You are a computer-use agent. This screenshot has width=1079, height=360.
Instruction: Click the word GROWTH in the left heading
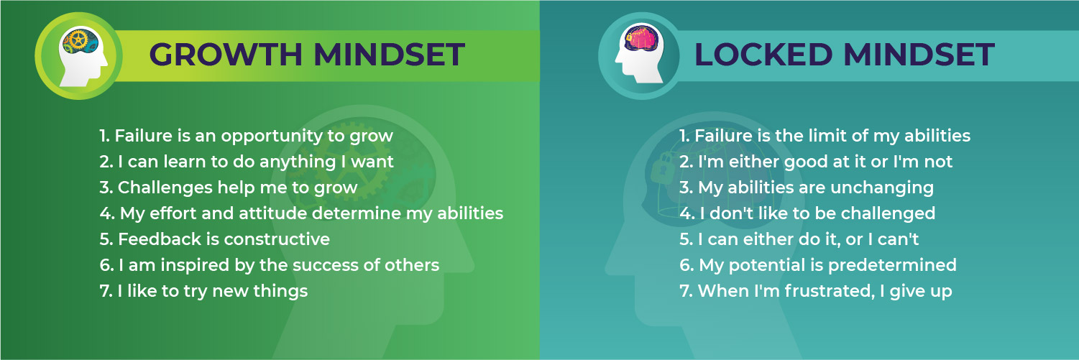(226, 55)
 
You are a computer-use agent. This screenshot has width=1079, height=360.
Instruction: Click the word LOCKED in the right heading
(763, 55)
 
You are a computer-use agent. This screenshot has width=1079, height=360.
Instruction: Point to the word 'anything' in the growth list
(298, 162)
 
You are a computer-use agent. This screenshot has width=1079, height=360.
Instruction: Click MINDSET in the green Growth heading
(389, 55)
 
